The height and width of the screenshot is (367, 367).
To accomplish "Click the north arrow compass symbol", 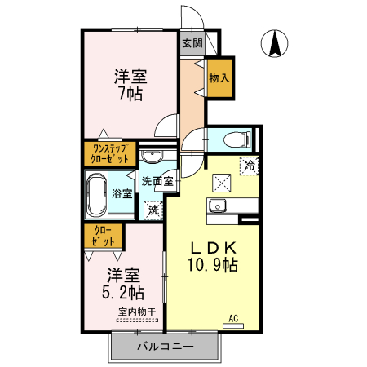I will (275, 44).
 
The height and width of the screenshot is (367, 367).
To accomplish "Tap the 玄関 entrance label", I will (192, 43).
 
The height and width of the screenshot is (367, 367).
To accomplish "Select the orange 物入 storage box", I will (219, 78).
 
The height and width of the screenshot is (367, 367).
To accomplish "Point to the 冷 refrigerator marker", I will (249, 165).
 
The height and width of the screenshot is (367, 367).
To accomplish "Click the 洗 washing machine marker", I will (152, 210).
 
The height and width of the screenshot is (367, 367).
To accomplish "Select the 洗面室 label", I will (156, 181).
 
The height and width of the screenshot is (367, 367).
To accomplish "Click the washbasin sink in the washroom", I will (151, 157).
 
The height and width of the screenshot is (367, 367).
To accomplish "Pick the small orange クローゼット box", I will (103, 237).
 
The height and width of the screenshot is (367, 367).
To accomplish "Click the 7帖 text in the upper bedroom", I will (130, 94).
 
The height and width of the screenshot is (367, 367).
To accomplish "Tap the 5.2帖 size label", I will (125, 291).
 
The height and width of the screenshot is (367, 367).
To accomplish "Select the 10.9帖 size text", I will (214, 265).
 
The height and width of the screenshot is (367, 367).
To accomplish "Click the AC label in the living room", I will (233, 318).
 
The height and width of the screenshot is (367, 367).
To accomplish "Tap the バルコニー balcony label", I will (165, 347).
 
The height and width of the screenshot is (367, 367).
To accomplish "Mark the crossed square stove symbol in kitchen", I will (222, 183).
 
